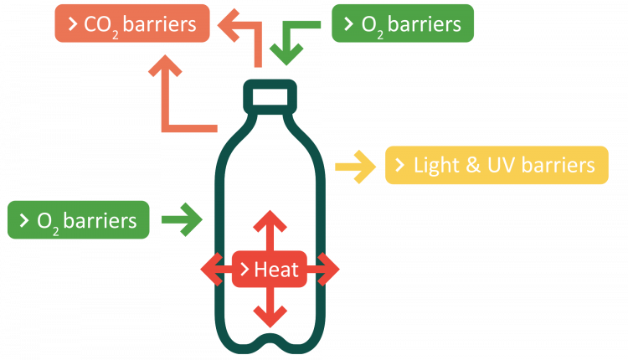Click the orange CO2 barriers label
point(132,24)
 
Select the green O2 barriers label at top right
point(403,24)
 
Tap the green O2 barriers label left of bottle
point(78,221)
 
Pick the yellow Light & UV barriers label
point(497,165)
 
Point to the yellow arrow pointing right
point(355,165)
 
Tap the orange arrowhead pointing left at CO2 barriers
point(224,24)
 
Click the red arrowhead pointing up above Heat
point(269,223)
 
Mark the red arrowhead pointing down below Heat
point(269,316)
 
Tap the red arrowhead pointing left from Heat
point(213,270)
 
